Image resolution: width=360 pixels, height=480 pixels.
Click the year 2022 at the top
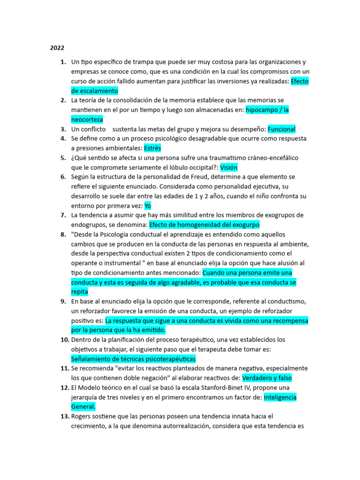pos(57,48)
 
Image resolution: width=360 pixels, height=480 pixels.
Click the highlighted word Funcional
pos(281,129)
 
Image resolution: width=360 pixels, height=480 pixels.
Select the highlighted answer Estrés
pos(152,148)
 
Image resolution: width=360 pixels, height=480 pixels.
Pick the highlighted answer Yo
pos(148,206)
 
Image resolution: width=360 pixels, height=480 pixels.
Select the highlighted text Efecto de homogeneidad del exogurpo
pos(204,225)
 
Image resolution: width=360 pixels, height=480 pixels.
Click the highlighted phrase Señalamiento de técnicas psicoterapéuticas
pos(133,359)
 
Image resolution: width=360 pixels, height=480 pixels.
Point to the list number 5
pos(63,158)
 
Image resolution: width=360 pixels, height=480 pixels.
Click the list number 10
pos(65,339)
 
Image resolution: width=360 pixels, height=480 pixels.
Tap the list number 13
pos(65,416)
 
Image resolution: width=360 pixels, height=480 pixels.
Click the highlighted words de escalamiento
pos(94,91)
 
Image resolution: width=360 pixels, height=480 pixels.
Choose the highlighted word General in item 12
pos(83,407)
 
